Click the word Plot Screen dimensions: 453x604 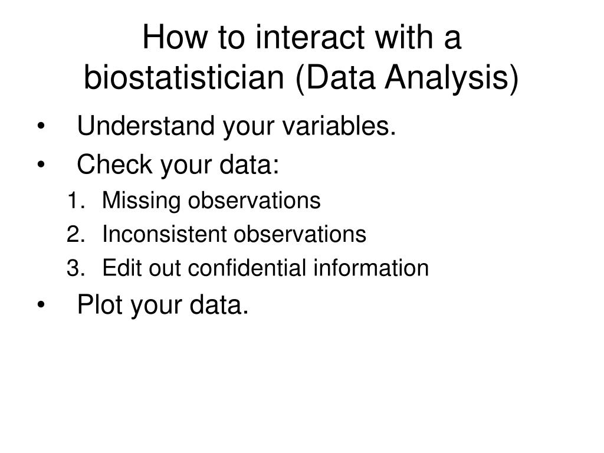[x=101, y=305]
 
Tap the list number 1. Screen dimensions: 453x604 [x=73, y=201]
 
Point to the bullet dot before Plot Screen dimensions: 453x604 [x=41, y=306]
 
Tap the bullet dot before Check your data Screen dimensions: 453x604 [x=41, y=167]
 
